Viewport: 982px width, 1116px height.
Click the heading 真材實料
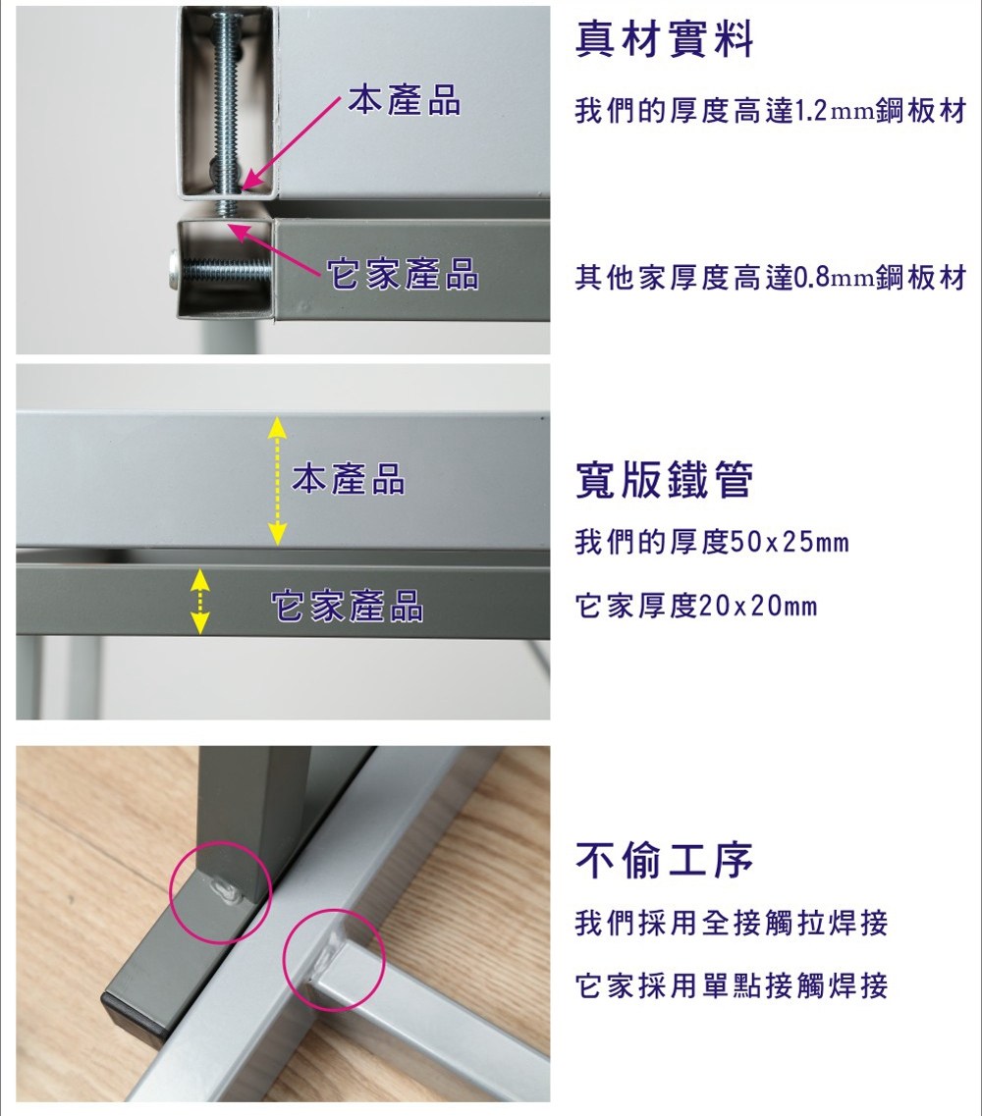(x=664, y=39)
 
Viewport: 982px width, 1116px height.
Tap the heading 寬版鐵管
(x=664, y=480)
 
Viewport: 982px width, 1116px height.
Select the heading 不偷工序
(x=664, y=861)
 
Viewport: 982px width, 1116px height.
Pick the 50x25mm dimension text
(x=789, y=543)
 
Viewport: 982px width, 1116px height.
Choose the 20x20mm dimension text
(x=758, y=607)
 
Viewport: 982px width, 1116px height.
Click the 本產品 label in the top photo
(x=405, y=100)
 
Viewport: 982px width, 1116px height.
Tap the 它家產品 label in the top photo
(x=403, y=274)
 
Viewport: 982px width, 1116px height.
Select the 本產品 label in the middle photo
(x=349, y=478)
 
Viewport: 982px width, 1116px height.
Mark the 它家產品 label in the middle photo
(x=347, y=607)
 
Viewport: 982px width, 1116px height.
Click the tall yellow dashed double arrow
(x=276, y=481)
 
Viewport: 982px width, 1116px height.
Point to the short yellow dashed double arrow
(x=200, y=601)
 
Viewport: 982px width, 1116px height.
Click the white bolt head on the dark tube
(x=175, y=270)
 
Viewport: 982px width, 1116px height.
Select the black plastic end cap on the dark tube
(x=134, y=1014)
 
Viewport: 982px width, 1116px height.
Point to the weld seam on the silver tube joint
(x=330, y=954)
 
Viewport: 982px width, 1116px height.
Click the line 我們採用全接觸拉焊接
(x=732, y=924)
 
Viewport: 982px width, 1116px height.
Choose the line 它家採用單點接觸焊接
(x=732, y=986)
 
